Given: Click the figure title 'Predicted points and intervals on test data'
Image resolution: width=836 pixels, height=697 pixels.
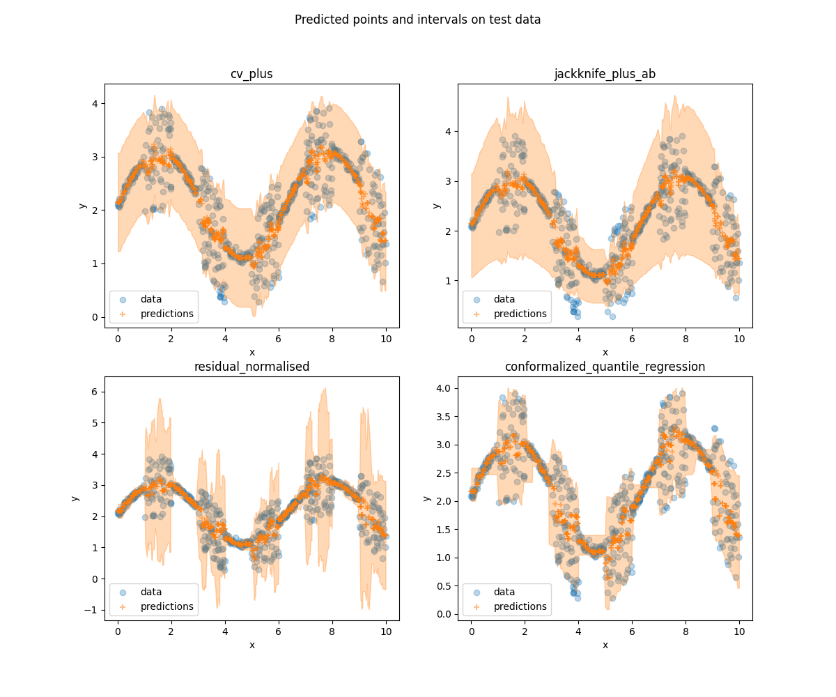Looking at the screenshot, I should point(417,20).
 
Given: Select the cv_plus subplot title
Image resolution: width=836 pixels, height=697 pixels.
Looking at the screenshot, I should point(251,74).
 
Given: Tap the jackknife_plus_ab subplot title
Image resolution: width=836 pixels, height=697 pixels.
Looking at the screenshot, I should point(605,74).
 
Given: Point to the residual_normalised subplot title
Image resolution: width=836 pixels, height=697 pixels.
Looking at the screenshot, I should point(251,367).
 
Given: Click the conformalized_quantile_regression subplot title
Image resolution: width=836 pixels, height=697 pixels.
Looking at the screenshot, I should point(605,367).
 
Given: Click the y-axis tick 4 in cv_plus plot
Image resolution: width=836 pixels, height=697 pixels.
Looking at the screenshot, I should point(95,103).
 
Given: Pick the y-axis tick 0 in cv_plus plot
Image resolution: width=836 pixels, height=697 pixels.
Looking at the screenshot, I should point(95,317).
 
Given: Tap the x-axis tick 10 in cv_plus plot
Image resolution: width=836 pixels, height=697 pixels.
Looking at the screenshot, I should point(386,339).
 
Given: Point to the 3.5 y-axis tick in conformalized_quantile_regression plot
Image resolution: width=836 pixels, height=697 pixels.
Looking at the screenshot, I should point(444,416).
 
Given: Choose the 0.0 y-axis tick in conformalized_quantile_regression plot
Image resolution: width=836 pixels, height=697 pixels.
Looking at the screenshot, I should point(444,614).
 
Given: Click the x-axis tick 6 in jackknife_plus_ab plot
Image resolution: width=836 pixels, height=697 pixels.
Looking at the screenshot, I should point(632,339).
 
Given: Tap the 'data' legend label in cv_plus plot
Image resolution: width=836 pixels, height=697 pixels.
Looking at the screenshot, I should point(151,299).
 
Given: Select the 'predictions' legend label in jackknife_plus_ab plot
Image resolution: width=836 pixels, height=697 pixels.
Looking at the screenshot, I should point(520,314).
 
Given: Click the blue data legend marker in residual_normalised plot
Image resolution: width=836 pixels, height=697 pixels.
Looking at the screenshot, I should point(123,592).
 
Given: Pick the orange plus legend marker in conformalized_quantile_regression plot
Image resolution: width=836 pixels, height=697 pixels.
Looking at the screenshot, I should point(477,606).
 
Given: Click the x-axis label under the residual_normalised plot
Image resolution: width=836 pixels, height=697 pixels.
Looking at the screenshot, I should point(251,645).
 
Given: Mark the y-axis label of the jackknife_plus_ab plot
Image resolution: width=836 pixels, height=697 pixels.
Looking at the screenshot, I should point(436,206).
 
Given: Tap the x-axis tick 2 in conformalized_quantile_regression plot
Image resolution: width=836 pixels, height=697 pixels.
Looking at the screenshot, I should point(525,631).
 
